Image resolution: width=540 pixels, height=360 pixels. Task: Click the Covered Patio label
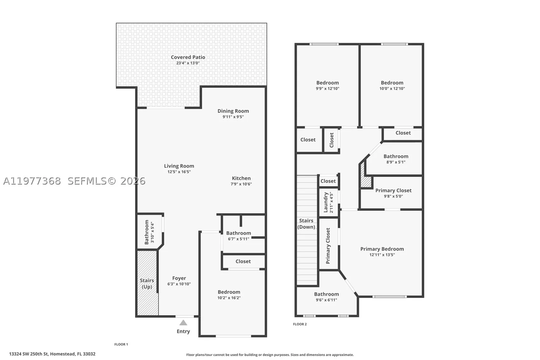point(188,57)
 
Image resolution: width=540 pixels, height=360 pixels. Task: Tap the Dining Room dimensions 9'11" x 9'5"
point(233,117)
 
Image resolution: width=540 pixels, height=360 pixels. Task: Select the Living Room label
point(179,166)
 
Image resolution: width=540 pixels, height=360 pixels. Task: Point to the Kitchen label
point(241,178)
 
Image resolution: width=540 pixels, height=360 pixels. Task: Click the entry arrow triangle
point(183,323)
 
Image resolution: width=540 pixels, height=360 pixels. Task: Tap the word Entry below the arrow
point(183,332)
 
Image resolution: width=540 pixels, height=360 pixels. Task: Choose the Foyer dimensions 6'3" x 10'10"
point(179,284)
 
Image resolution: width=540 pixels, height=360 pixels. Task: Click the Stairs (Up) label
point(147,284)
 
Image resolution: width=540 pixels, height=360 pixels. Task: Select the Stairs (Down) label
point(306,224)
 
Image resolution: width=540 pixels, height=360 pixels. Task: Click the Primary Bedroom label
point(382,249)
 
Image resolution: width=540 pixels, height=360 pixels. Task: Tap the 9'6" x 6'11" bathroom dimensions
point(326,300)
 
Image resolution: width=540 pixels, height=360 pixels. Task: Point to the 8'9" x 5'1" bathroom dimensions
point(396,162)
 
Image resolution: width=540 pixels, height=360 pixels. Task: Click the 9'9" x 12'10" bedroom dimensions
point(328,88)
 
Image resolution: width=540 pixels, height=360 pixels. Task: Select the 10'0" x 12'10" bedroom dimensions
point(392,88)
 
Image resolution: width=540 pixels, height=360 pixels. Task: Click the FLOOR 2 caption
point(300,324)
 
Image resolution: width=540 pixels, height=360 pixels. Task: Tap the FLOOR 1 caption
point(121,344)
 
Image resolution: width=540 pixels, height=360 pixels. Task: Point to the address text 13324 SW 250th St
point(29,354)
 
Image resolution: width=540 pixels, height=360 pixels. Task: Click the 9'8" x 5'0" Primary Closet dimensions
point(393,196)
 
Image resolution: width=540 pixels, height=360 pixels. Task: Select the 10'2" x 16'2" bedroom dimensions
point(229,298)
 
